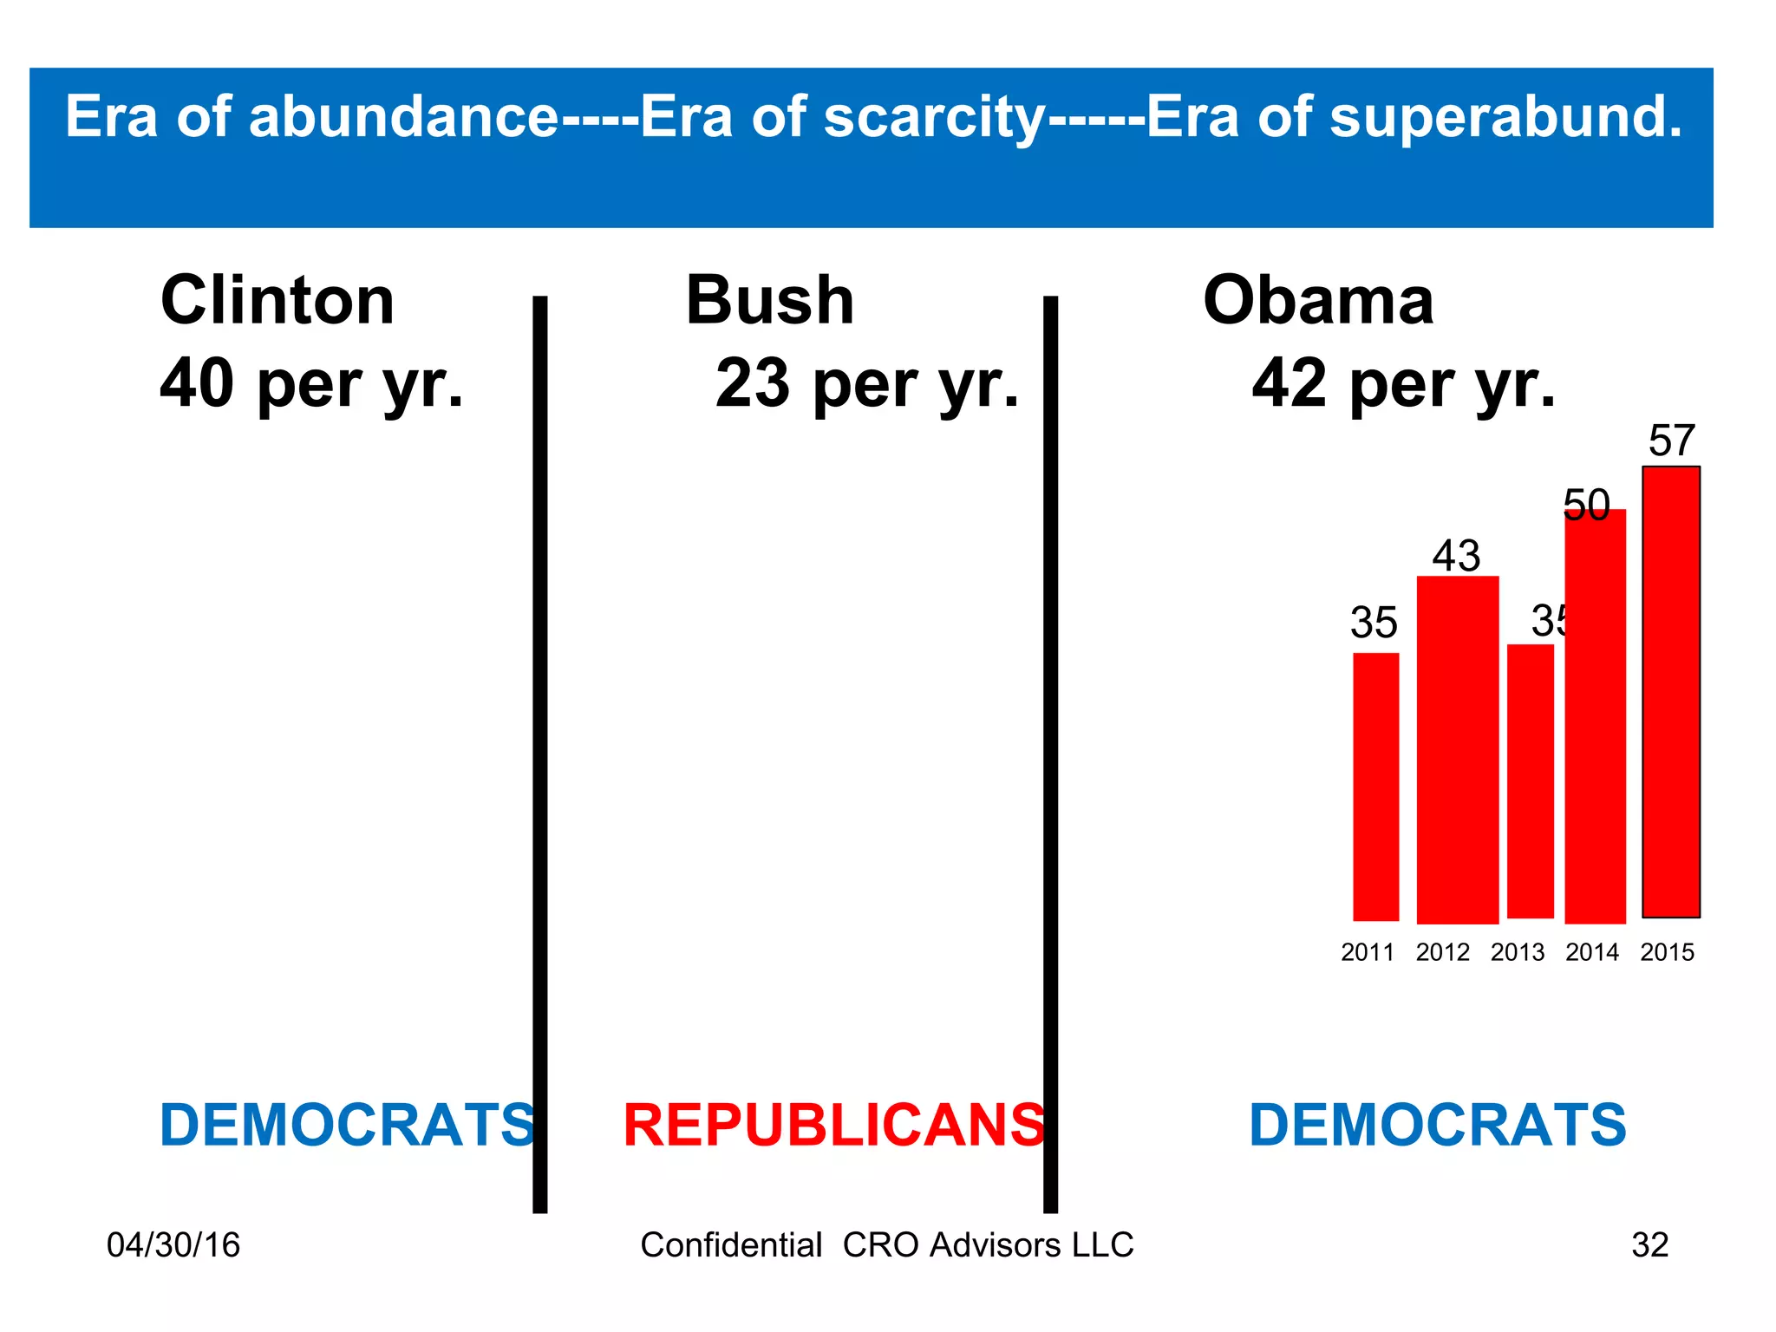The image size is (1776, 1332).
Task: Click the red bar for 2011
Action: (1375, 787)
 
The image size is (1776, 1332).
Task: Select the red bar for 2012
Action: (1457, 750)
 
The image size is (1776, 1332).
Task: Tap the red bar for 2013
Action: (1530, 781)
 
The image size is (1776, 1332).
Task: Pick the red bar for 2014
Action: (1595, 716)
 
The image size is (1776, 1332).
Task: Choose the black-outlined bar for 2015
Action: (1670, 692)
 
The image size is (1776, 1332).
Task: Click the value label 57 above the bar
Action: (1671, 441)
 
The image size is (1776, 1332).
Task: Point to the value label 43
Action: (1456, 555)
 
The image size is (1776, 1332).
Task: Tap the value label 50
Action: (1586, 505)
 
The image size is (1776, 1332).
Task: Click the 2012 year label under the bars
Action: (1442, 952)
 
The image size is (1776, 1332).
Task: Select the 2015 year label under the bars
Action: (1667, 952)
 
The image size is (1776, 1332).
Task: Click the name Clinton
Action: (277, 300)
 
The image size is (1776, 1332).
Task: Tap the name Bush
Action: (769, 300)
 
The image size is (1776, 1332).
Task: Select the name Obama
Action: (1318, 300)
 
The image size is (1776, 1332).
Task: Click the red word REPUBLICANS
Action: (834, 1126)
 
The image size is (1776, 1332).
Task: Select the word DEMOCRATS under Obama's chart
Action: (1437, 1126)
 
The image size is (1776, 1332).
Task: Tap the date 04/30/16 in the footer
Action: (173, 1245)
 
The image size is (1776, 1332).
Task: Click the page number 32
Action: (1649, 1245)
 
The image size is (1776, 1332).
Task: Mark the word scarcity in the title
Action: (934, 118)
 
